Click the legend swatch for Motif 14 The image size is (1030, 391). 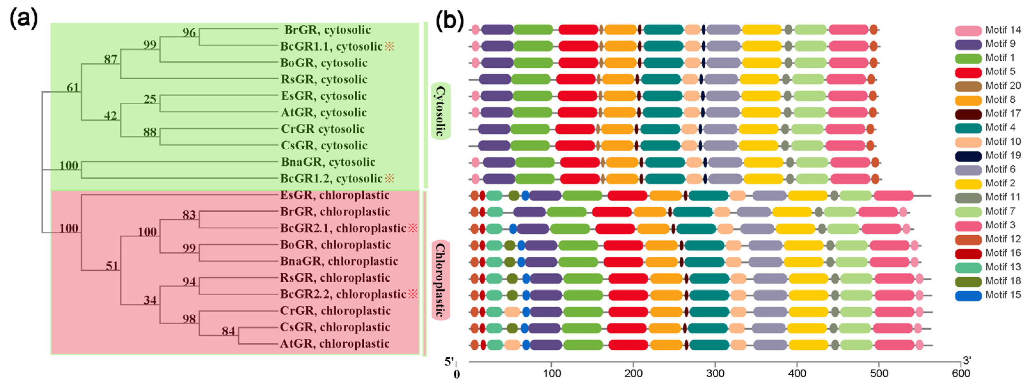pos(968,30)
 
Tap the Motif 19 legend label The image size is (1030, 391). pos(1003,155)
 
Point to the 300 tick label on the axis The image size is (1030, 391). pos(715,374)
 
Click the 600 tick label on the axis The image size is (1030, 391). pos(961,374)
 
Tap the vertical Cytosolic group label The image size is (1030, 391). pos(440,111)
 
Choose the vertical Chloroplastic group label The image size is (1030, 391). pos(440,280)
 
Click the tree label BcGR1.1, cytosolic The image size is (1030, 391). pos(331,46)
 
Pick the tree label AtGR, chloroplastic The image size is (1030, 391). pos(334,344)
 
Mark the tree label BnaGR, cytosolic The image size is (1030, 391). pos(328,162)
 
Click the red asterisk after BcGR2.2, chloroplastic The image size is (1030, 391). pos(413,294)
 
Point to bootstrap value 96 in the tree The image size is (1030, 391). pos(189,32)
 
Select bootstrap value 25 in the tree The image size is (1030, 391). pos(150,99)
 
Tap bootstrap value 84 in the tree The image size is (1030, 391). pos(228,331)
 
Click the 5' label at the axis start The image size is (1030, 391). pos(449,362)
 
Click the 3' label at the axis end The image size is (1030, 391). pos(966,361)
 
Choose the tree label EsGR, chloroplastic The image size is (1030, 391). pos(334,195)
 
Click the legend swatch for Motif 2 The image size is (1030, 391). pos(968,184)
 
